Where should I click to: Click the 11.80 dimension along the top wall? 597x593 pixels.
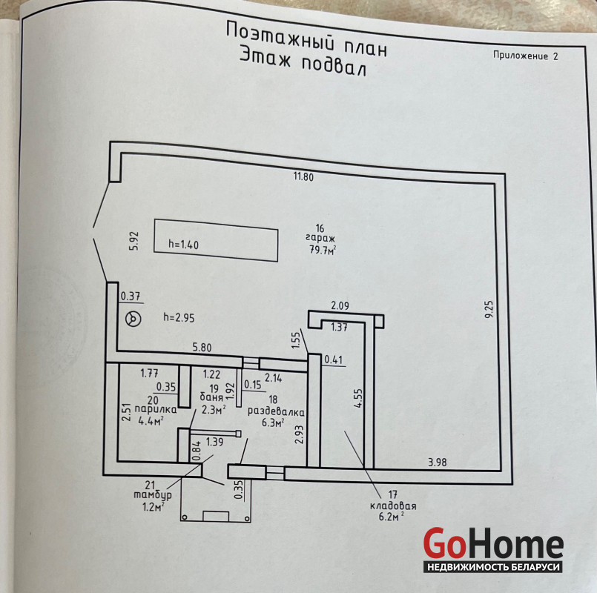click(304, 177)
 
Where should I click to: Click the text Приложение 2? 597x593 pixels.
click(525, 56)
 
